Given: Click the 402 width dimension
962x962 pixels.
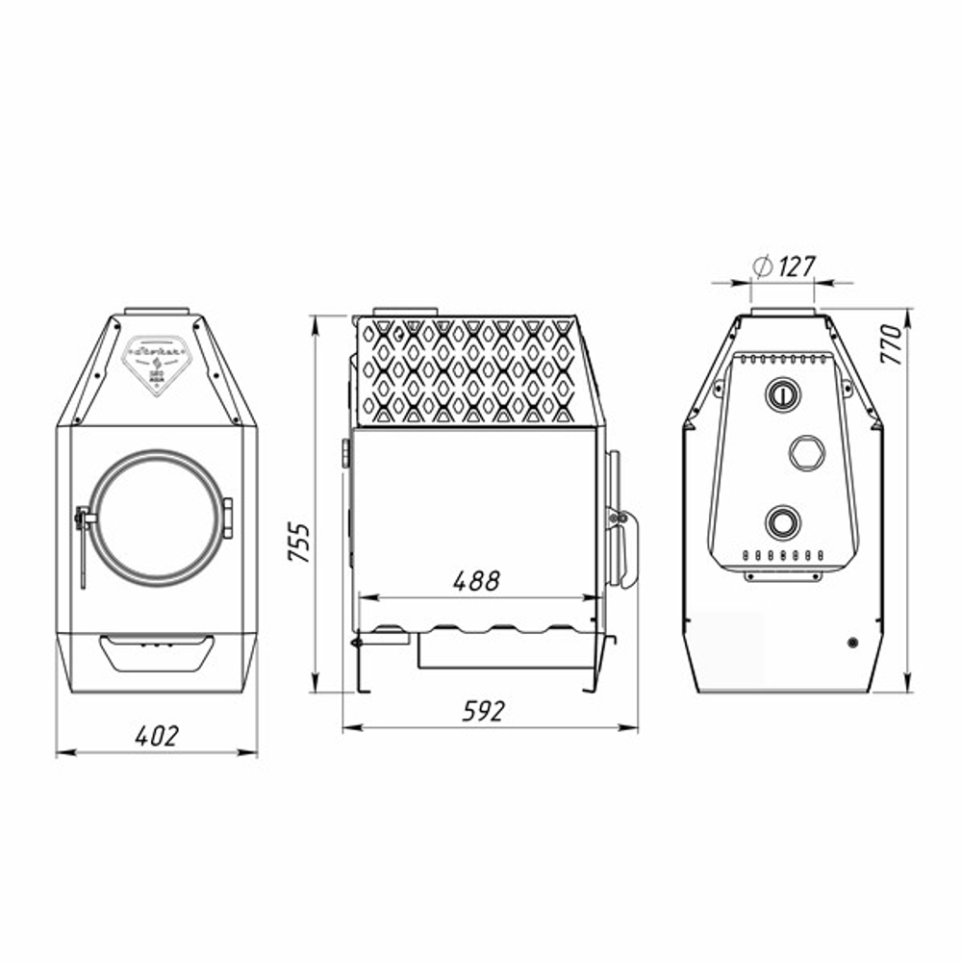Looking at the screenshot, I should tap(157, 737).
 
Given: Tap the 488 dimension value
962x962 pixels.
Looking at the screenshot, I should tap(476, 581).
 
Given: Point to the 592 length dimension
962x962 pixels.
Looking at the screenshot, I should tap(483, 712).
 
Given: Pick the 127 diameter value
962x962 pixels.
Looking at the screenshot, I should tap(796, 266).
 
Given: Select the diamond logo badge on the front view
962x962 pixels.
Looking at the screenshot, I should tap(158, 358).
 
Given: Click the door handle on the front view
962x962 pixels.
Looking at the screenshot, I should tap(84, 539).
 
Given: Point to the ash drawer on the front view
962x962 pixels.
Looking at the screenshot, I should tap(157, 651).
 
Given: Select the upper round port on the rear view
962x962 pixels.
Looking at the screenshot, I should tap(781, 393).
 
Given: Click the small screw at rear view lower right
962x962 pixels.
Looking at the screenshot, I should tap(852, 642).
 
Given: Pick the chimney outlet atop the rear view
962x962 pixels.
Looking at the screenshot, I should tap(783, 313).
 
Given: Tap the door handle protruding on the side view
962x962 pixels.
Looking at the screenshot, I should tap(620, 548).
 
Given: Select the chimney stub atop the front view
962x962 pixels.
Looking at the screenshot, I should tap(157, 311).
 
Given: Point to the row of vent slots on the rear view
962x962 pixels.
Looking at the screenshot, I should tap(781, 557).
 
